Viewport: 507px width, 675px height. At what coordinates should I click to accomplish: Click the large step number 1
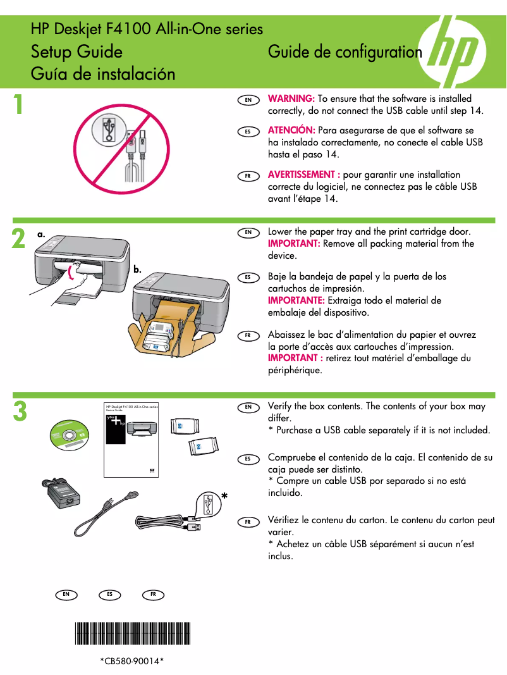[20, 105]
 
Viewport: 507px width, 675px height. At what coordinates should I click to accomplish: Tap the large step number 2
[19, 240]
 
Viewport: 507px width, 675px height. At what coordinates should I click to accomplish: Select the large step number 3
[20, 411]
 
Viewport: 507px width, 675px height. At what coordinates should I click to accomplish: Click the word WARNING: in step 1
[291, 99]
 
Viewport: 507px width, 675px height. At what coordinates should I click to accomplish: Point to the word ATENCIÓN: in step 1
[291, 130]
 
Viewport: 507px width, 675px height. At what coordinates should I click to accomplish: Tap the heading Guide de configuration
[345, 52]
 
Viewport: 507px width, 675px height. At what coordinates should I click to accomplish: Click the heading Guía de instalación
[103, 73]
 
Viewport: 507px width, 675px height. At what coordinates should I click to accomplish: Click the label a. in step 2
[41, 234]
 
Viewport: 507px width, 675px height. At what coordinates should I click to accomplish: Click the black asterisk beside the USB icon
[224, 498]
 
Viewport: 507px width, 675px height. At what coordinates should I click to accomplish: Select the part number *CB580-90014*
[132, 661]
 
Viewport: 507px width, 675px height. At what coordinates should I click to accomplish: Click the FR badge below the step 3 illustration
[153, 595]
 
